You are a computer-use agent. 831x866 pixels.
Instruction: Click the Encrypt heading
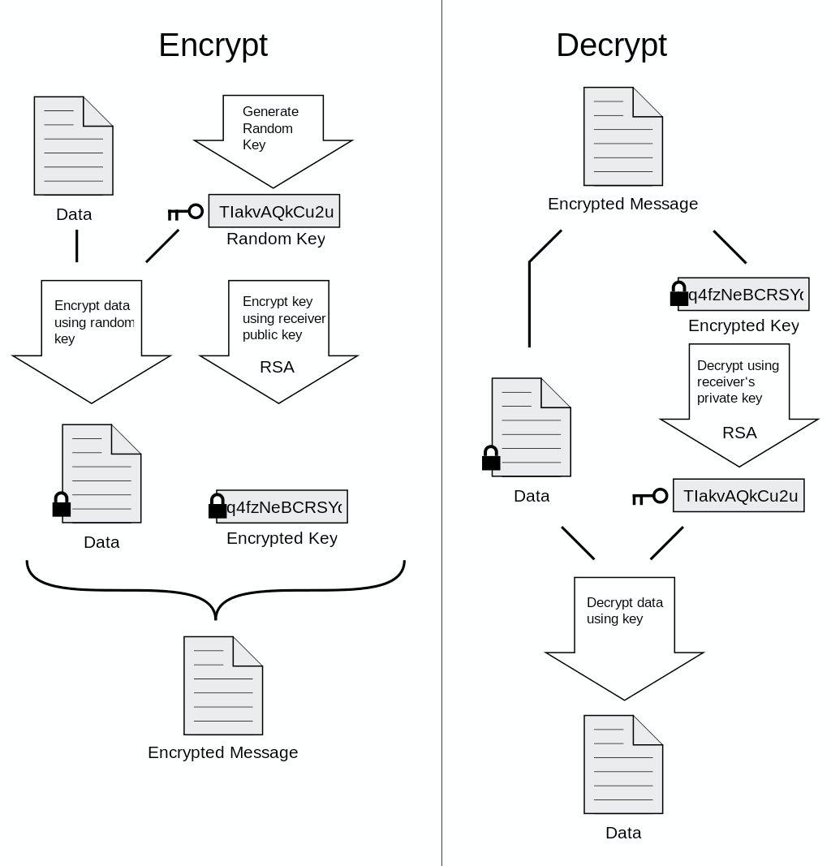[213, 45]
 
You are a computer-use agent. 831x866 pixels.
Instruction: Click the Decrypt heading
[611, 45]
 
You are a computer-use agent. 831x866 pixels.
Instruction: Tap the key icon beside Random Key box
[185, 213]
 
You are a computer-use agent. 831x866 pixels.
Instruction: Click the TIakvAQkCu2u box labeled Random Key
[274, 212]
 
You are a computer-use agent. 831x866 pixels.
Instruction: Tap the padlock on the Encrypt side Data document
[62, 505]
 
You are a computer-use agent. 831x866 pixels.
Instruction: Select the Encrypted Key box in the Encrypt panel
[282, 507]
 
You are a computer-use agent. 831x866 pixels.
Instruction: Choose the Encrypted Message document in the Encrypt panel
[223, 686]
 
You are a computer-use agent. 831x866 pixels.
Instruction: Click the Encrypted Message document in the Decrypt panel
[623, 136]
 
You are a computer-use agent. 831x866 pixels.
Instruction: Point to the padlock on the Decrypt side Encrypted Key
[678, 294]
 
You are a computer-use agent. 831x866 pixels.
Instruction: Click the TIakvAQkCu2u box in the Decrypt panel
[738, 496]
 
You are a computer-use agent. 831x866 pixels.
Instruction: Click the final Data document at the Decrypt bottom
[623, 765]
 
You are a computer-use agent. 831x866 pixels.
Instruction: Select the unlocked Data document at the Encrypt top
[73, 146]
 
